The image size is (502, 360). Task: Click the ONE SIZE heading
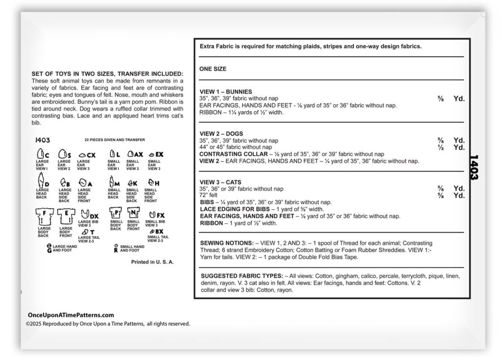click(x=213, y=69)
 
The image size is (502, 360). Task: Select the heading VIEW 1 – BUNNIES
click(x=226, y=92)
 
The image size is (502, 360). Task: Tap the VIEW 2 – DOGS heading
click(x=222, y=133)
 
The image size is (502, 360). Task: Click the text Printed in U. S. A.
click(x=152, y=262)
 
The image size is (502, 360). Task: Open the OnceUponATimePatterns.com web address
click(x=71, y=315)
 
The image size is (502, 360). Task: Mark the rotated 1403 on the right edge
click(x=473, y=167)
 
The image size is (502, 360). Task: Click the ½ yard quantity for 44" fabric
click(x=440, y=147)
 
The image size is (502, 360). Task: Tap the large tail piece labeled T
click(x=88, y=231)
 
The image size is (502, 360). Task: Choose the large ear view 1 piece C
click(x=42, y=154)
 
